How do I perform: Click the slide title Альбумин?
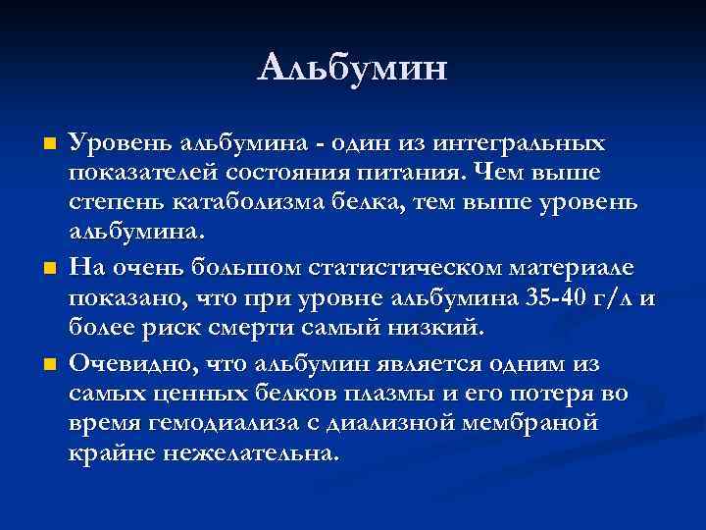click(353, 69)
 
